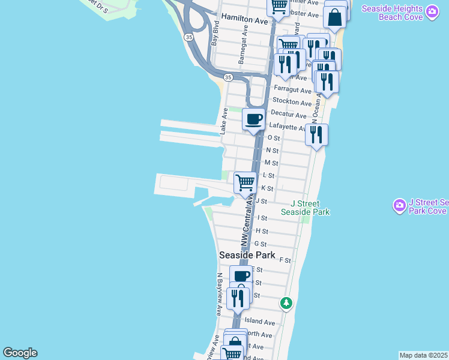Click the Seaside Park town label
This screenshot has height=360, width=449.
point(247,255)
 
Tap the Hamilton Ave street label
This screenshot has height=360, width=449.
point(244,19)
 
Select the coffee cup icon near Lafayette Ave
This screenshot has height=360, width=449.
point(254,119)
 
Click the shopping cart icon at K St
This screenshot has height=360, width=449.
point(245,182)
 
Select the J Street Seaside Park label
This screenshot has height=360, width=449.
point(310,208)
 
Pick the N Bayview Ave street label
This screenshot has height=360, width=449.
point(220,295)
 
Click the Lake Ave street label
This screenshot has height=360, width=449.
point(223,121)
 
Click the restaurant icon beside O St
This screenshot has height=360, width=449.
point(316,135)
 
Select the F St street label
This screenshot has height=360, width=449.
point(285,260)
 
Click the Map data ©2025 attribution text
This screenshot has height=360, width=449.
point(424,355)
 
